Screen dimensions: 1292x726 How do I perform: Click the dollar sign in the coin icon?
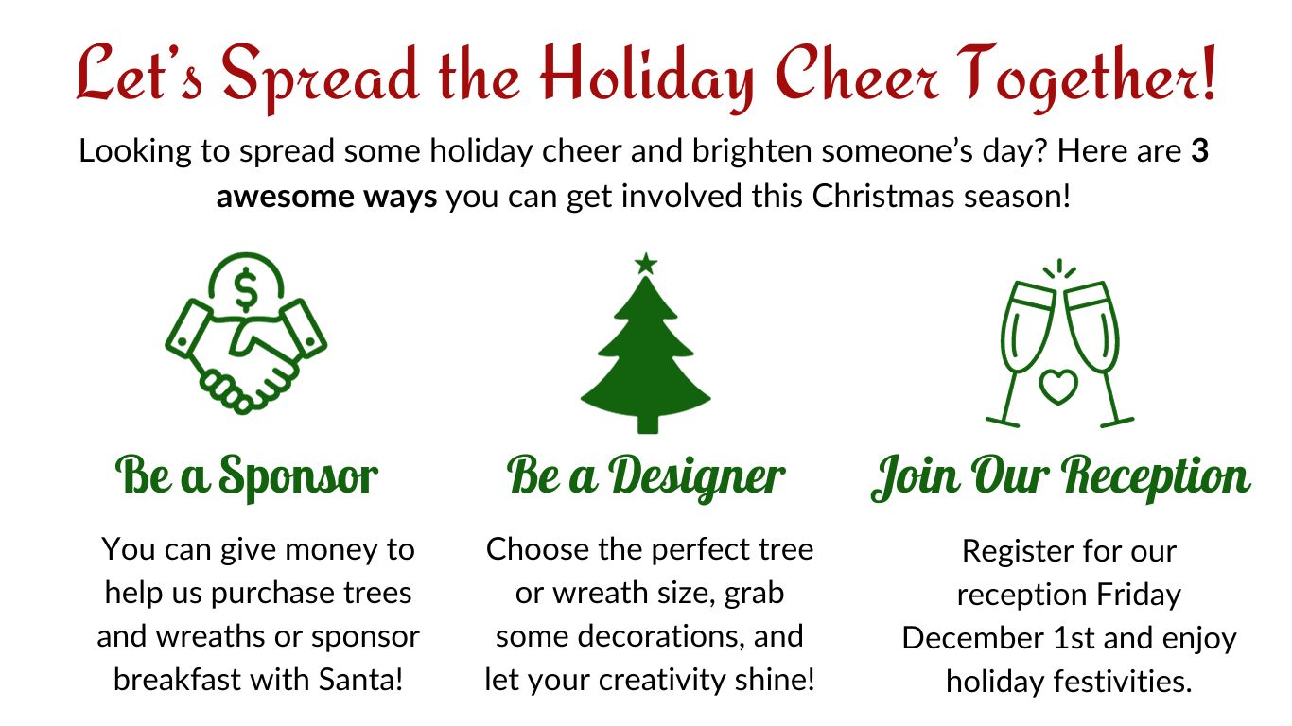(246, 290)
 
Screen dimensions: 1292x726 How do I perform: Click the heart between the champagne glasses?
(1057, 387)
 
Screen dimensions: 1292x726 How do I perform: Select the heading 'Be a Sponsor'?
(246, 476)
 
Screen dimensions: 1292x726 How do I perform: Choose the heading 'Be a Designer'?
(645, 476)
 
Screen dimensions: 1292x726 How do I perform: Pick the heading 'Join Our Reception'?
(1060, 476)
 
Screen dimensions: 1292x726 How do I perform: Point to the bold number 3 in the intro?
(1199, 151)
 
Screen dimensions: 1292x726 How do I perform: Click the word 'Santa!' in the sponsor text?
(360, 680)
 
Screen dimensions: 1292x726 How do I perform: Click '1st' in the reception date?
(1074, 638)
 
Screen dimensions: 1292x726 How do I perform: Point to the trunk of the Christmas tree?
(647, 423)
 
